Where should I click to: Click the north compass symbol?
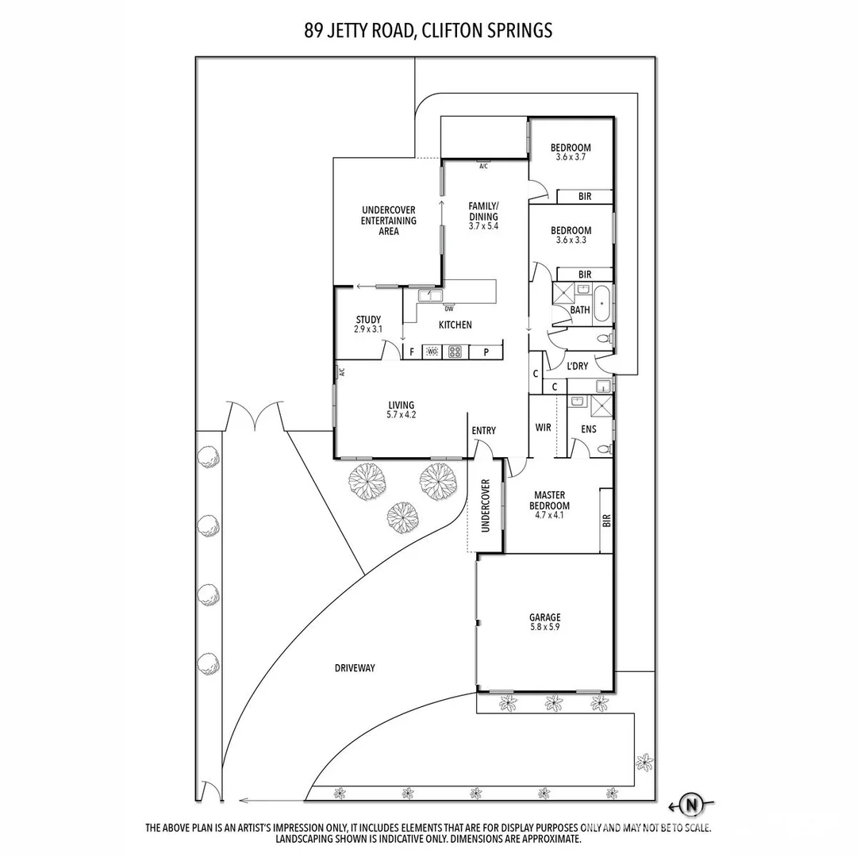point(691,805)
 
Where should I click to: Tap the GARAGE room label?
point(545,617)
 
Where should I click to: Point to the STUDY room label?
point(368,320)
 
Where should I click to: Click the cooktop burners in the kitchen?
point(455,352)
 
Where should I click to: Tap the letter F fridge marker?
point(412,352)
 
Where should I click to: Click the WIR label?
point(544,428)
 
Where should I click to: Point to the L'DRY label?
point(577,366)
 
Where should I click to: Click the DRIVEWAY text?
point(355,668)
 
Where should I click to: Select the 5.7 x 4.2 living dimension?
point(401,415)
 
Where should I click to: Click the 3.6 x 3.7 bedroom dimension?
point(571,157)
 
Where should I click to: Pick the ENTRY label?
point(483,431)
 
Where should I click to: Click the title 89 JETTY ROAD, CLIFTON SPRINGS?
point(428,31)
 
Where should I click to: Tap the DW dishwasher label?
point(449,309)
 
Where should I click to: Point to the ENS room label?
point(588,429)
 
